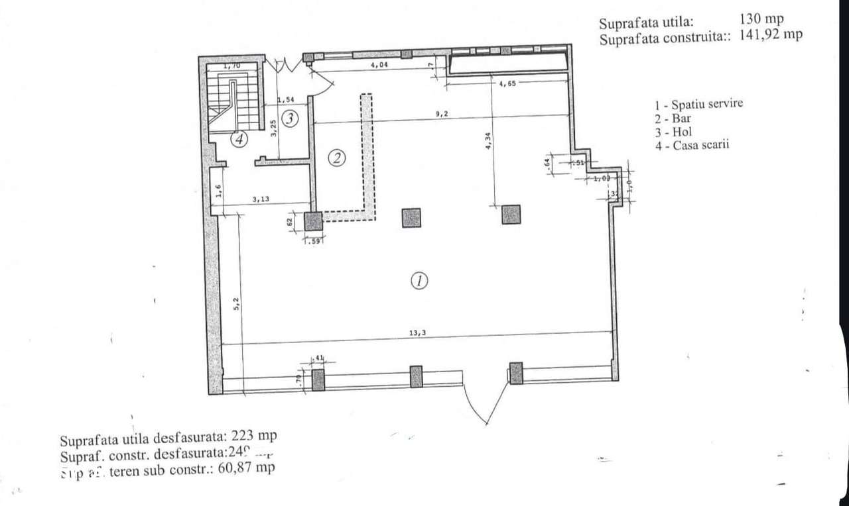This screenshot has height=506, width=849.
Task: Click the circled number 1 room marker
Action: (x=419, y=281)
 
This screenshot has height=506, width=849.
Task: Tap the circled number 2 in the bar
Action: (x=337, y=158)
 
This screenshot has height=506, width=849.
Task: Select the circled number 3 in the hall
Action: (x=289, y=119)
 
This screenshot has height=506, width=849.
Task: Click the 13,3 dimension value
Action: (x=417, y=334)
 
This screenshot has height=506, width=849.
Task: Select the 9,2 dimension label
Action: (x=442, y=114)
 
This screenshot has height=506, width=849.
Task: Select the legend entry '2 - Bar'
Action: (x=673, y=119)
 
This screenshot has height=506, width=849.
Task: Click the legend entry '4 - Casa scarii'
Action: (x=692, y=146)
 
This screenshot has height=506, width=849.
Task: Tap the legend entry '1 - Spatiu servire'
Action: (x=698, y=105)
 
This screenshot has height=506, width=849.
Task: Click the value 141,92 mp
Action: (x=771, y=36)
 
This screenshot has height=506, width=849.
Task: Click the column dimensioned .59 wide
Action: (x=313, y=221)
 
